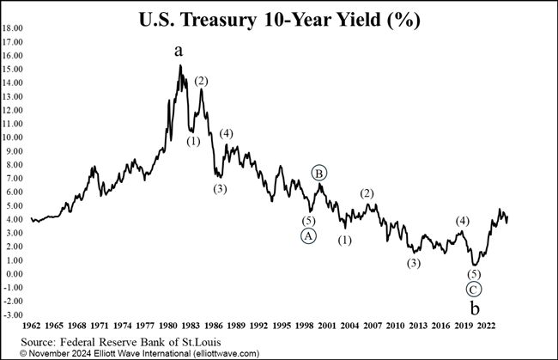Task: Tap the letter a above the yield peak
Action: tap(179, 51)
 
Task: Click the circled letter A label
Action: tap(308, 236)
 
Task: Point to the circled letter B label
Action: tap(319, 174)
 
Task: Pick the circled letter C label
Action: tap(474, 289)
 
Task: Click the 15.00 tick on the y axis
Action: tap(13, 69)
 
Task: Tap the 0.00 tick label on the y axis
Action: tap(15, 274)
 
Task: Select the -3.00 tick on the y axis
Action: tap(14, 315)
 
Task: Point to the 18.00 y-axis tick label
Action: tap(13, 27)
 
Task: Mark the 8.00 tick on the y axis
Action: tap(15, 164)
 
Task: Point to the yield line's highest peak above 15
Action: tap(179, 66)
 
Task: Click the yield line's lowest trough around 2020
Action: tap(474, 265)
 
